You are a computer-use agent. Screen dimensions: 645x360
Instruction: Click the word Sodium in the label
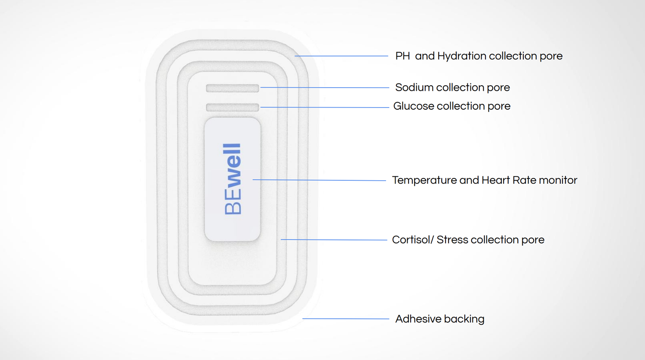point(414,88)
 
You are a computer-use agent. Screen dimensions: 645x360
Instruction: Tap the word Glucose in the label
point(413,106)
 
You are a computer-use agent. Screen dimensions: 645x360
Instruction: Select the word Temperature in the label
point(424,180)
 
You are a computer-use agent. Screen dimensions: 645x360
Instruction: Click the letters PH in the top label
point(402,56)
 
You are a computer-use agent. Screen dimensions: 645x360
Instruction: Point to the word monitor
point(558,180)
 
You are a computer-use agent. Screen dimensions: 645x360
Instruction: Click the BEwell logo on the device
point(233,179)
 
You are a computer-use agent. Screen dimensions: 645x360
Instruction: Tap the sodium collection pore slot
point(232,88)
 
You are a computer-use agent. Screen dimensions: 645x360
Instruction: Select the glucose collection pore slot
point(232,107)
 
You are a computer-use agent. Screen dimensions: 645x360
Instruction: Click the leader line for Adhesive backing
point(346,319)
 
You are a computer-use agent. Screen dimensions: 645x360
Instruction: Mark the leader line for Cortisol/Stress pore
point(334,240)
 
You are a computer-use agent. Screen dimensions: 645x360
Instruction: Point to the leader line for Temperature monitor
point(319,180)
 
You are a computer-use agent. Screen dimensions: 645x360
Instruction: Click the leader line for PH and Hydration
point(341,56)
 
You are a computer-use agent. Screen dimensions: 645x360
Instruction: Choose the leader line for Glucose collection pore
point(325,107)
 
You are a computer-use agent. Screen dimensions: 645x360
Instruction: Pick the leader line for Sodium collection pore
point(325,87)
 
